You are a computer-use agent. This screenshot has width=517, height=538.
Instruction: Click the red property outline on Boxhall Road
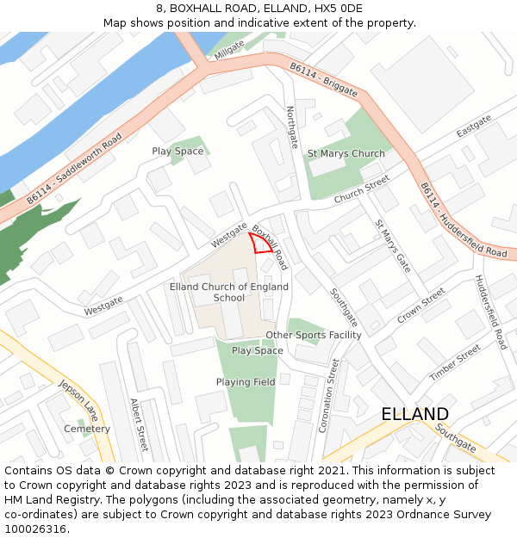tap(261, 243)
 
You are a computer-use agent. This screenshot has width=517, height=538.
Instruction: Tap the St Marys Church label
tap(346, 154)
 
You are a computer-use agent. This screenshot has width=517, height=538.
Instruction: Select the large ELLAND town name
tap(414, 414)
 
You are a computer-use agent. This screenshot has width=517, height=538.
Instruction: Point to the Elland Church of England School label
tap(229, 293)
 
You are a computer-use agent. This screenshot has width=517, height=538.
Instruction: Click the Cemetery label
tap(87, 429)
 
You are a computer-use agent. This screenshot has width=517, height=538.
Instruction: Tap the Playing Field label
tap(246, 382)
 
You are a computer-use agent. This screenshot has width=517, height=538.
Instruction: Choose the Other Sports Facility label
tap(314, 335)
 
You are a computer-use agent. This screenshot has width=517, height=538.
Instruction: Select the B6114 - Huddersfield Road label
tap(464, 220)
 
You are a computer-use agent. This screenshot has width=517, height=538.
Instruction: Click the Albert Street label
tap(139, 424)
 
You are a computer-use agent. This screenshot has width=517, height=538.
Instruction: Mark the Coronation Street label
tap(328, 395)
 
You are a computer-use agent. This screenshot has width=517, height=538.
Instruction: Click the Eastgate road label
tap(474, 126)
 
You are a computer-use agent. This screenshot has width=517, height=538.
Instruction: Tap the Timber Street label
tap(455, 363)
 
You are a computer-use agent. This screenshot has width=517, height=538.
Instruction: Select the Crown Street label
tap(420, 306)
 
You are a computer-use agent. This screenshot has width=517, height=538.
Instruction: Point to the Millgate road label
tap(230, 50)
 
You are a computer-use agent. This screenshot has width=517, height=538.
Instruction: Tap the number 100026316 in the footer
tap(35, 529)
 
